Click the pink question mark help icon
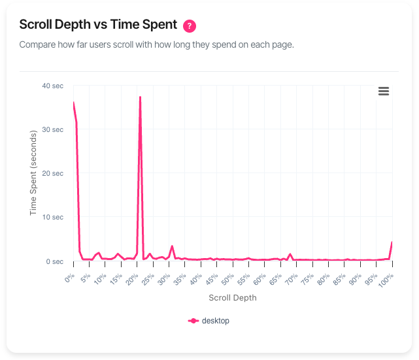click(190, 26)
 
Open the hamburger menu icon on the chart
click(384, 91)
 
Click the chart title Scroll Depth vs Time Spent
click(98, 25)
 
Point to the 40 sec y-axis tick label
click(52, 86)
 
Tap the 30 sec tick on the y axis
click(52, 129)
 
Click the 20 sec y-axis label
click(52, 173)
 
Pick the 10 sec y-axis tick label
click(52, 217)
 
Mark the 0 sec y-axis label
click(54, 261)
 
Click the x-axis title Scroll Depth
click(232, 298)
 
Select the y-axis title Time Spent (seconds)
click(33, 173)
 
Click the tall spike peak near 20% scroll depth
click(140, 97)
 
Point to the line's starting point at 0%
click(73, 103)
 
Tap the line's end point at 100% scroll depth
click(392, 242)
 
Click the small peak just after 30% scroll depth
click(172, 246)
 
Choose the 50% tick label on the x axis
click(227, 280)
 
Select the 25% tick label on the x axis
click(147, 280)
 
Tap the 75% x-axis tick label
click(307, 280)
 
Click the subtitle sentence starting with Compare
click(156, 45)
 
